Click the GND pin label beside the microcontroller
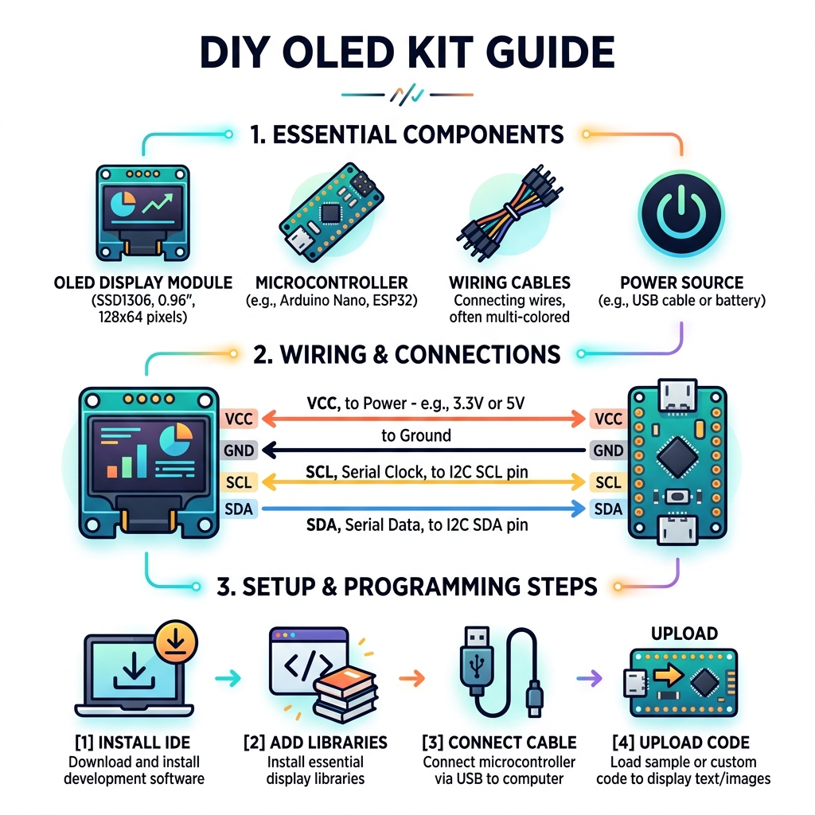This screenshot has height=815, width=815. [x=608, y=450]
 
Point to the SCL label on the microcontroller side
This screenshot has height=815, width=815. [x=608, y=482]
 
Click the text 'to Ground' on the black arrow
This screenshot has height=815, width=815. [x=415, y=435]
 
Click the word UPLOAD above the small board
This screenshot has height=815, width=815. [x=684, y=634]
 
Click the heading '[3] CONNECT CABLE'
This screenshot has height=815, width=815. [x=499, y=743]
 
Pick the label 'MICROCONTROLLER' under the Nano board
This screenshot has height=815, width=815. [x=331, y=283]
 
